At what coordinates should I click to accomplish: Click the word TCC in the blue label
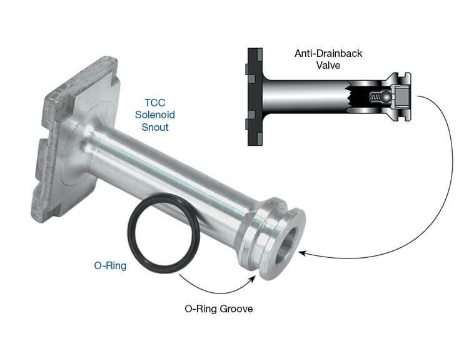point(155,103)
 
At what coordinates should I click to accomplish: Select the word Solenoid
point(155,115)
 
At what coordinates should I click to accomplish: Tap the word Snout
point(155,127)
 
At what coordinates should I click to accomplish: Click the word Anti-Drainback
point(328,53)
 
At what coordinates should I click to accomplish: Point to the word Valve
point(328,65)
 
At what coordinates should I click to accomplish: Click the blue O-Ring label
point(110,265)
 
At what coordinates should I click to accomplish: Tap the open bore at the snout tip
point(287,245)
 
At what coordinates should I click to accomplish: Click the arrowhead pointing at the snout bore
point(302,253)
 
